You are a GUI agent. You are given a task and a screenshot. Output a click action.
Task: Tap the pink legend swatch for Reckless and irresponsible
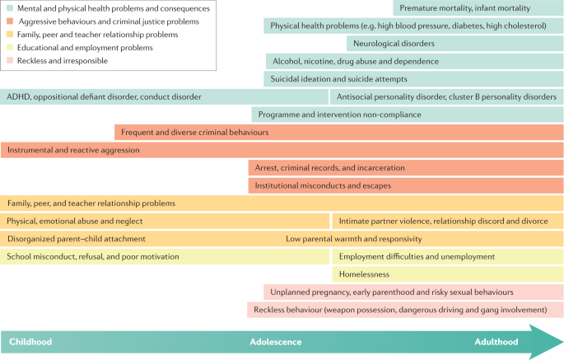pyautogui.click(x=8, y=61)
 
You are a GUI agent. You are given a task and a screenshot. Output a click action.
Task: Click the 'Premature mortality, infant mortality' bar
pyautogui.click(x=478, y=8)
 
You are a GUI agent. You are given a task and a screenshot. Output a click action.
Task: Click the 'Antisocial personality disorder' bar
pyautogui.click(x=446, y=96)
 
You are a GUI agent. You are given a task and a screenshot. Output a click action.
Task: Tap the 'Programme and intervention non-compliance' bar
pyautogui.click(x=408, y=115)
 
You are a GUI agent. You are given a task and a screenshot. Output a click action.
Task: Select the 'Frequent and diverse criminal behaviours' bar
pyautogui.click(x=338, y=132)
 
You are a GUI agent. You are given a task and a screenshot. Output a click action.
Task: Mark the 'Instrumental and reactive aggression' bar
pyautogui.click(x=282, y=150)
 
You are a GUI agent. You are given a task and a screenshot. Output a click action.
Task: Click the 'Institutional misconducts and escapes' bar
pyautogui.click(x=405, y=185)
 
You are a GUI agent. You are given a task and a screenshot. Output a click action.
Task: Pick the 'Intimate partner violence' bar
pyautogui.click(x=447, y=221)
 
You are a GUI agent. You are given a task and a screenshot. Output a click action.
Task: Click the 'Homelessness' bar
pyautogui.click(x=447, y=274)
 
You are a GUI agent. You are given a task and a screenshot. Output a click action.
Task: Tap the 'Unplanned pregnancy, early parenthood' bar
pyautogui.click(x=413, y=292)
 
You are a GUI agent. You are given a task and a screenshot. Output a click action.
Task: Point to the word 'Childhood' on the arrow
pyautogui.click(x=30, y=341)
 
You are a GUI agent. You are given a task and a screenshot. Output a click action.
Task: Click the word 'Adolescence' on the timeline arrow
pyautogui.click(x=276, y=341)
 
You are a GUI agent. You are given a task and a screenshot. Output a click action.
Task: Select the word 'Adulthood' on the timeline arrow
pyautogui.click(x=496, y=341)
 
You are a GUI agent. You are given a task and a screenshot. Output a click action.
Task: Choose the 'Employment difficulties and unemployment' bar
pyautogui.click(x=447, y=256)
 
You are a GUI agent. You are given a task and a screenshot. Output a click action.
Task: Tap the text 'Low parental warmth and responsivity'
pyautogui.click(x=354, y=239)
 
